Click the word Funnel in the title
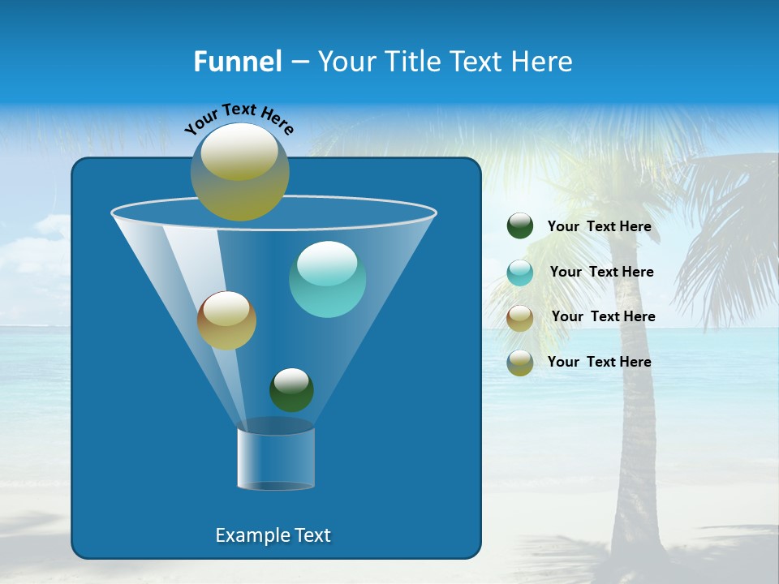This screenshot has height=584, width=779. (237, 62)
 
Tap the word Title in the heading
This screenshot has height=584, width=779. (411, 62)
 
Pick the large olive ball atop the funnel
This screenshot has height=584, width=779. (240, 172)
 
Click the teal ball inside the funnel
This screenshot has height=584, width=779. (327, 279)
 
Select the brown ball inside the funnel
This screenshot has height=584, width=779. (226, 320)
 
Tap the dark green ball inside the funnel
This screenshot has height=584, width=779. (291, 389)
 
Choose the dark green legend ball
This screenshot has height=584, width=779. (520, 226)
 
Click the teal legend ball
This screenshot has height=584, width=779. (520, 273)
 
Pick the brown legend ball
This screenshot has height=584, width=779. (520, 317)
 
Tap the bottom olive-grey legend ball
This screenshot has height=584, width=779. (520, 363)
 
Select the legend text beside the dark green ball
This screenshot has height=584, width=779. (599, 227)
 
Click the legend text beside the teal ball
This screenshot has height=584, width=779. (601, 273)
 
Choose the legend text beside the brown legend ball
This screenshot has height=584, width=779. (603, 317)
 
